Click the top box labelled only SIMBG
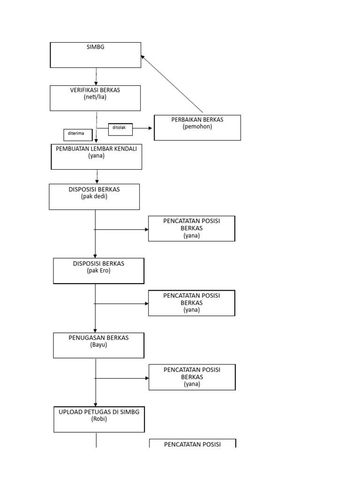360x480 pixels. (x=95, y=55)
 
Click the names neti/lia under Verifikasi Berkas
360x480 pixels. (x=95, y=97)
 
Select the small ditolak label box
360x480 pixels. (x=120, y=129)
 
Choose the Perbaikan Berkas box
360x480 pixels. (x=197, y=127)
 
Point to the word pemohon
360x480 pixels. (x=197, y=127)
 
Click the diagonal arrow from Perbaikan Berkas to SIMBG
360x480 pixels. (x=172, y=84)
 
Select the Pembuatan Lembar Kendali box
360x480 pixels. (x=96, y=157)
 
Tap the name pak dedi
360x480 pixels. (x=94, y=196)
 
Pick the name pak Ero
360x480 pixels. (x=98, y=270)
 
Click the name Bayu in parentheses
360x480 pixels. (x=98, y=345)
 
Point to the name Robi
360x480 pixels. (x=99, y=419)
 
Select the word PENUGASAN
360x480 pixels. (x=86, y=337)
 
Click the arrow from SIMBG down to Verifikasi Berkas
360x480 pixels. (x=96, y=77)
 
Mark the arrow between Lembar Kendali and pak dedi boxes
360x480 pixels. (x=97, y=177)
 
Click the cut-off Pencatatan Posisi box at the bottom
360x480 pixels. (x=192, y=443)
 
